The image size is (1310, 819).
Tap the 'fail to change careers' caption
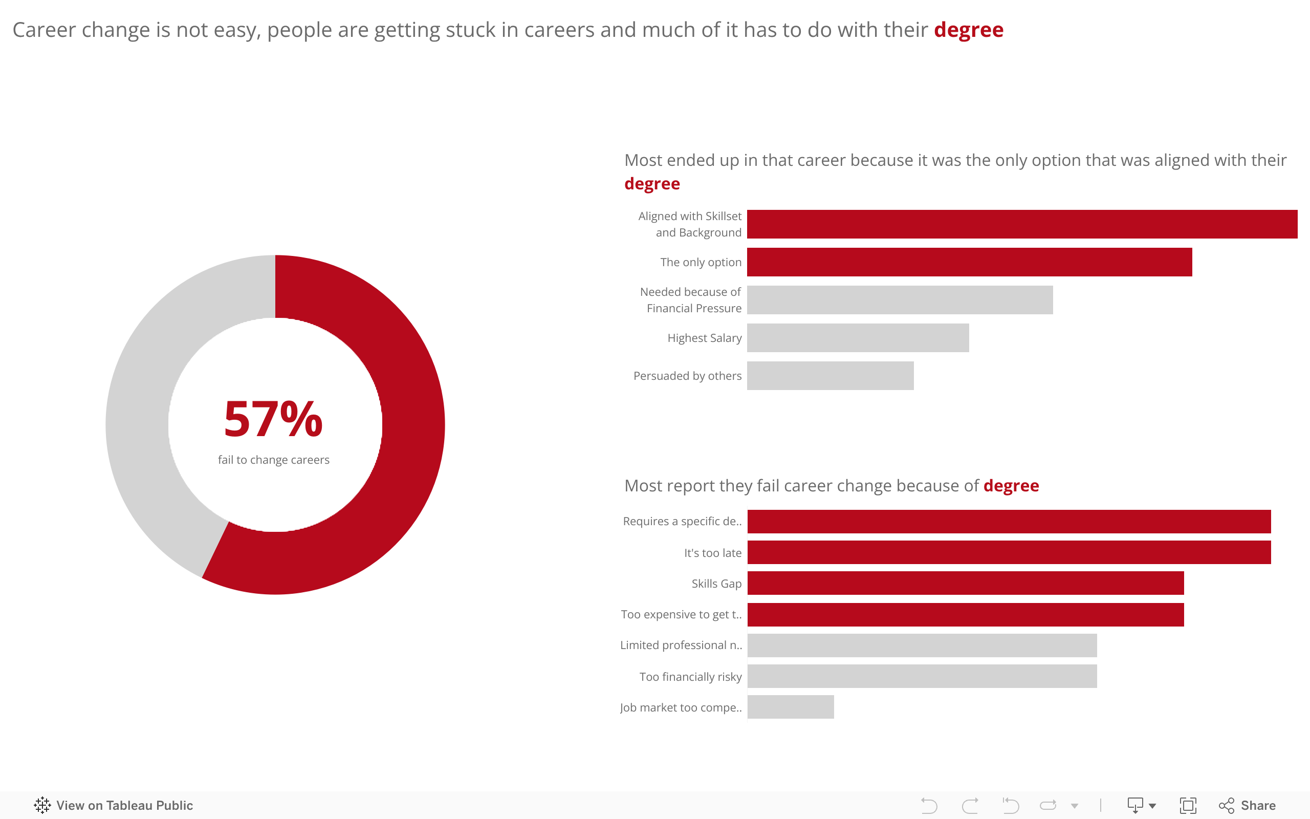(x=273, y=460)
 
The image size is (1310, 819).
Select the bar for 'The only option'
(x=969, y=262)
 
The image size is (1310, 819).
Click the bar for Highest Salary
(x=858, y=338)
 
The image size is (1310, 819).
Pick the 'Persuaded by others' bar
(x=830, y=376)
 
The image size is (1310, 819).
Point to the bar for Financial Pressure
(x=900, y=300)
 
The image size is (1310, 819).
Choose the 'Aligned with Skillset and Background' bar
(x=1021, y=224)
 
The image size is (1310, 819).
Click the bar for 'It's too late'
(x=1009, y=552)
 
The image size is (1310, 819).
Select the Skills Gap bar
(x=965, y=584)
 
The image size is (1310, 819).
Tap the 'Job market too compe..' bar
(x=790, y=707)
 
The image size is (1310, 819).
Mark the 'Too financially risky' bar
(x=922, y=677)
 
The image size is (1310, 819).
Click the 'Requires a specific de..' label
(x=682, y=522)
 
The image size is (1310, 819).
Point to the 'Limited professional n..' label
(x=681, y=645)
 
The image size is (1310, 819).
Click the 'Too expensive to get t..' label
(x=681, y=615)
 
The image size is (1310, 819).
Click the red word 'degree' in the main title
(x=968, y=30)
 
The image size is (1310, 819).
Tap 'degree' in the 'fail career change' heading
(x=1011, y=486)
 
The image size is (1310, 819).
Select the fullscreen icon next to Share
(x=1188, y=806)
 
